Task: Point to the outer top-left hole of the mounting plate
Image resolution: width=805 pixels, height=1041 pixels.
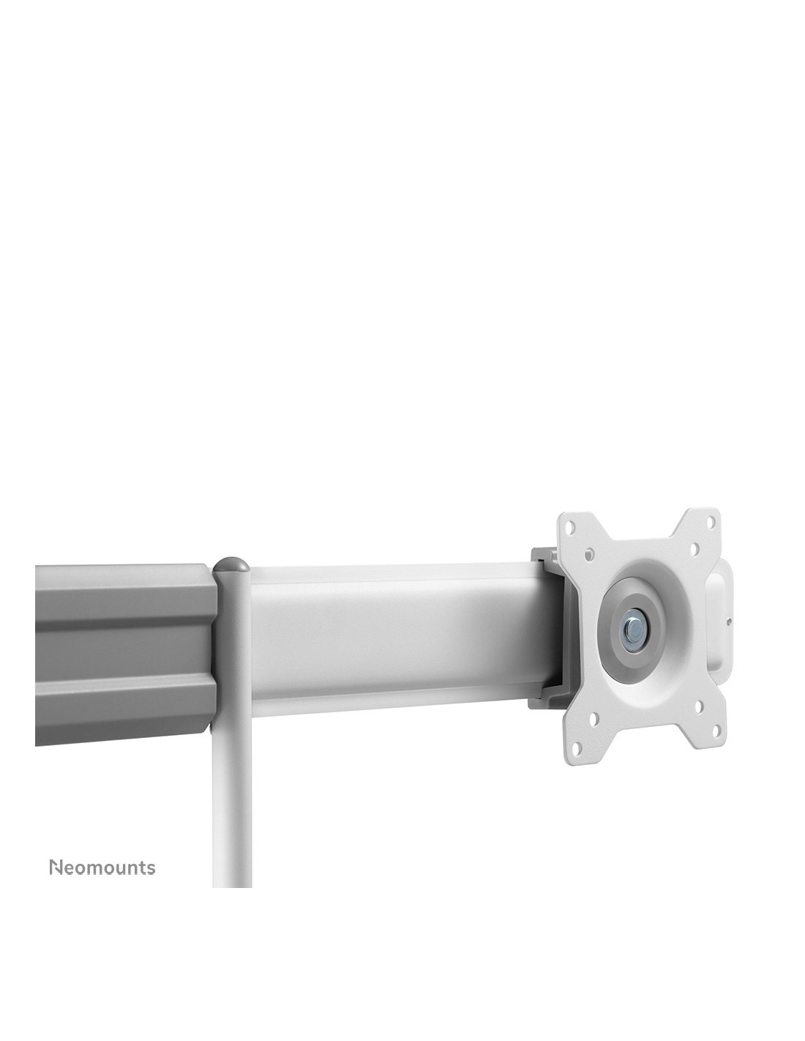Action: point(570,526)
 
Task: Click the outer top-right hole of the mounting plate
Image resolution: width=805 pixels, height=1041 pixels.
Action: point(711,520)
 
